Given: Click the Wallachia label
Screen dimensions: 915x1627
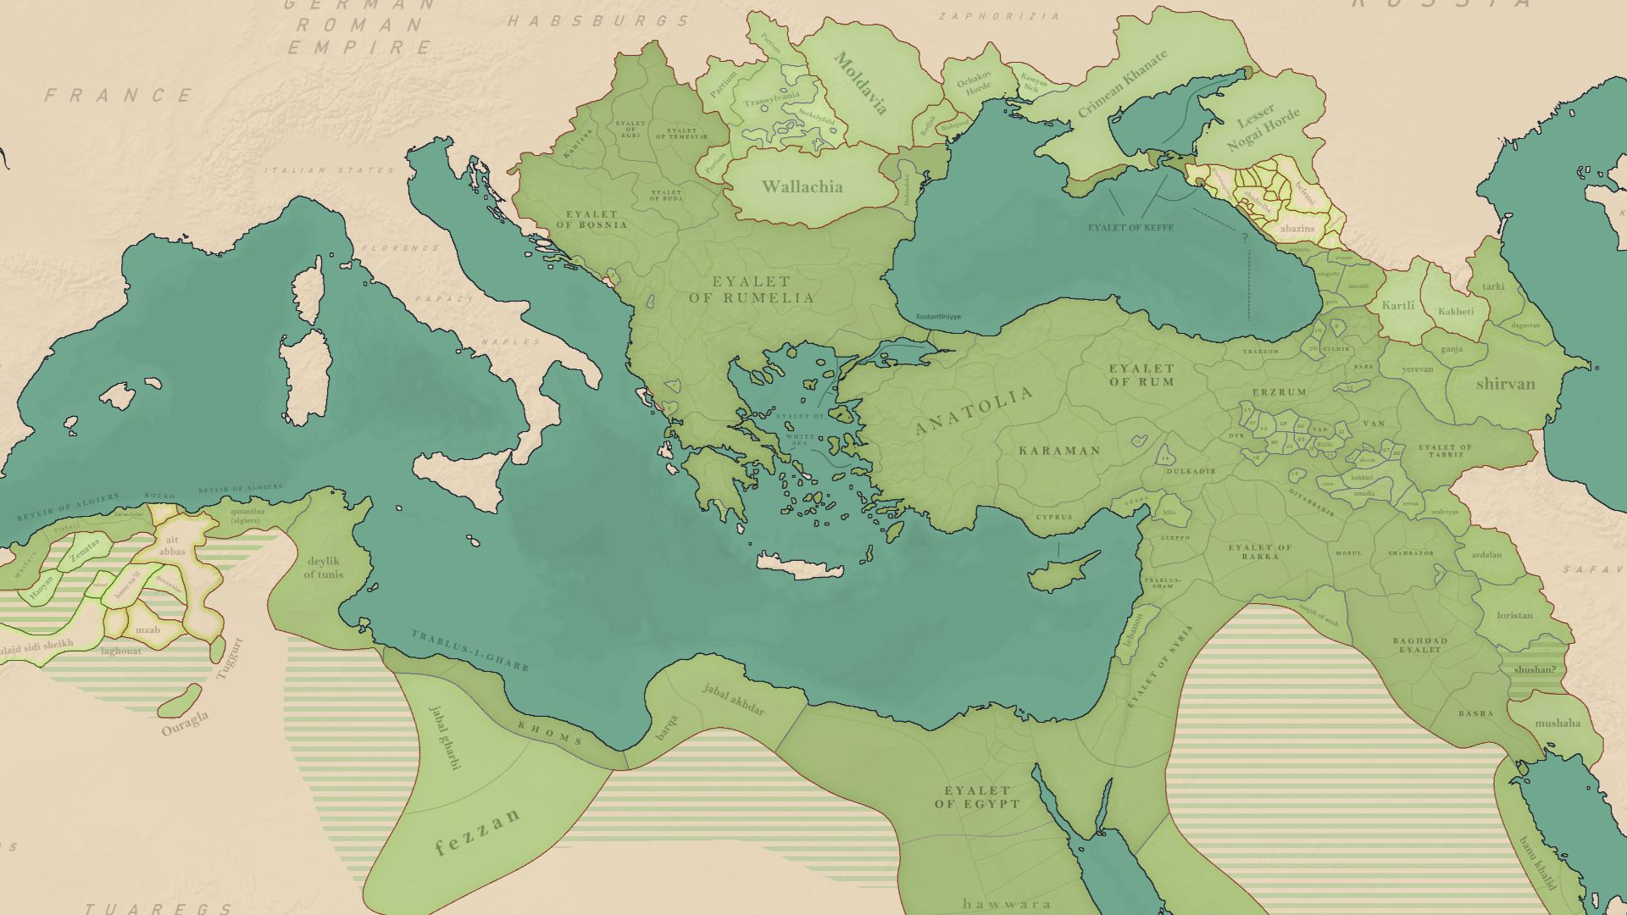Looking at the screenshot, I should pos(802,186).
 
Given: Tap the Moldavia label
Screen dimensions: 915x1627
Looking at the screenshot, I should pos(861,83).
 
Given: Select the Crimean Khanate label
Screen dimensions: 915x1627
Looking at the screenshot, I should pos(1122,83).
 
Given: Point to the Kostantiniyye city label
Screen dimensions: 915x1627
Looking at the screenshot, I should pos(938,317).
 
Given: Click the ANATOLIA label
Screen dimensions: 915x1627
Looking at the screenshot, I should pos(975,410).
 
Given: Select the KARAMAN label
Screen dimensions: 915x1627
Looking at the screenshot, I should pos(1059,451).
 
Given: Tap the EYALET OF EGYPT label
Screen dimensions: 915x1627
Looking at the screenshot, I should pos(977,797).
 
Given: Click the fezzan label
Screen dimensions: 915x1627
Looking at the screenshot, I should pos(477,832).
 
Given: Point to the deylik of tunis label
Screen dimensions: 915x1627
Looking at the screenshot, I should pos(324,568).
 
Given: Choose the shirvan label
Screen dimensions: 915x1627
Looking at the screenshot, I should pos(1505,384).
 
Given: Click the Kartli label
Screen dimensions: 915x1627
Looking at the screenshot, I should pos(1397,306).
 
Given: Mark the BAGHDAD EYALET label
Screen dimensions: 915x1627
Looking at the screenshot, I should pos(1420,645).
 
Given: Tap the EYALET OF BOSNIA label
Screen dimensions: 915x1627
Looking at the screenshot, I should pos(591,219).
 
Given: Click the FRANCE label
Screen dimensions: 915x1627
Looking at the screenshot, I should pos(119,96).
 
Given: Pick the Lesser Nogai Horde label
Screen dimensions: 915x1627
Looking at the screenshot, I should pos(1262,127).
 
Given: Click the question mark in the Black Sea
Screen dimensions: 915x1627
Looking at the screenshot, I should pos(1245,238).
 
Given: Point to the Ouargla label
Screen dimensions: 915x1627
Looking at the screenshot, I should pos(185,723).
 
